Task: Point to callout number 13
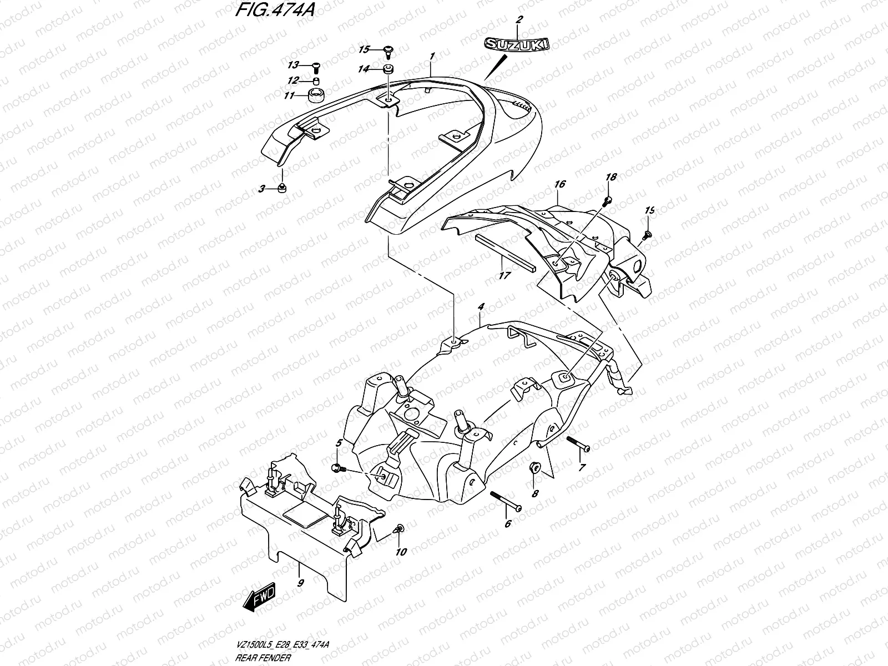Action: point(293,65)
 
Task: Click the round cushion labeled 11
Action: point(316,93)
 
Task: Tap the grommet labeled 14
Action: point(387,69)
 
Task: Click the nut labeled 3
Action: point(281,188)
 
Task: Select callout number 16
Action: point(559,184)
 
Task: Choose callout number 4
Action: point(481,306)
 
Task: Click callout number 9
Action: point(300,583)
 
